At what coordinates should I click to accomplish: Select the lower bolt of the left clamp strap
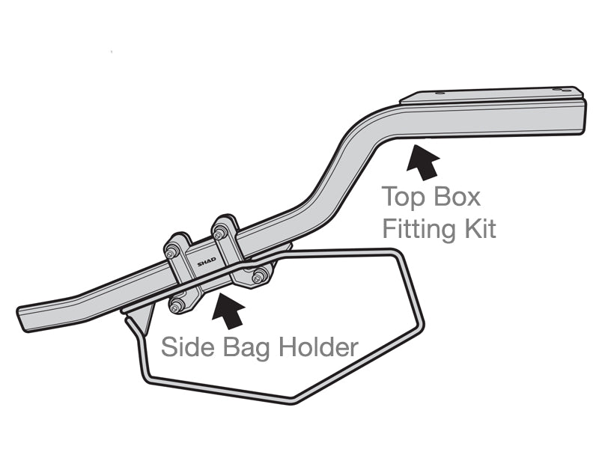[177, 305]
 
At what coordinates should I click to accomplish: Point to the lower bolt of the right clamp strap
[259, 278]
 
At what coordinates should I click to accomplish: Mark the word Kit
[480, 229]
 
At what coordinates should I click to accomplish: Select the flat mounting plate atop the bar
[494, 94]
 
